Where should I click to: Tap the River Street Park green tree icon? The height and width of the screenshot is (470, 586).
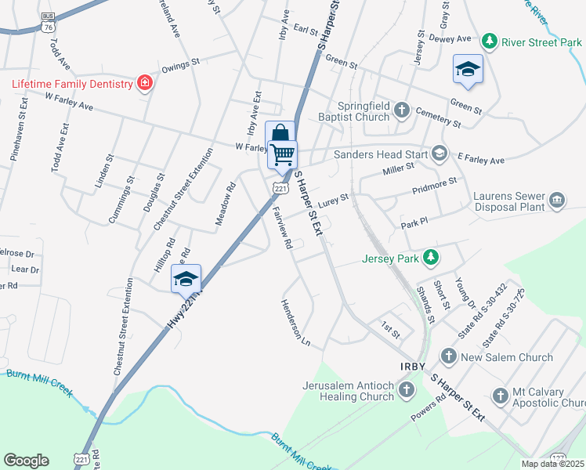pyautogui.click(x=490, y=40)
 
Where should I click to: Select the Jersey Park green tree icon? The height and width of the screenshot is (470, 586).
pyautogui.click(x=430, y=256)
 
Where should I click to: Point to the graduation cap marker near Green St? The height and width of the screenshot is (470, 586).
pyautogui.click(x=468, y=69)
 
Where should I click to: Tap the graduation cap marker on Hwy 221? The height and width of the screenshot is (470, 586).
pyautogui.click(x=186, y=279)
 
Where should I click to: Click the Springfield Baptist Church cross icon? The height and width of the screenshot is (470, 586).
pyautogui.click(x=402, y=109)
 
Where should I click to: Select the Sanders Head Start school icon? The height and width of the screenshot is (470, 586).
pyautogui.click(x=439, y=154)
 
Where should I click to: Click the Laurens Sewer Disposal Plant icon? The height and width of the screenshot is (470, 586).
pyautogui.click(x=558, y=200)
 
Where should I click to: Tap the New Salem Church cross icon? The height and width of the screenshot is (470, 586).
pyautogui.click(x=449, y=357)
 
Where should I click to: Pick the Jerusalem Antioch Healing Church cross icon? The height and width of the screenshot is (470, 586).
pyautogui.click(x=406, y=389)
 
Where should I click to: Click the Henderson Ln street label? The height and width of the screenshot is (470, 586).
pyautogui.click(x=296, y=323)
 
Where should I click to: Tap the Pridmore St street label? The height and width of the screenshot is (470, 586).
pyautogui.click(x=435, y=186)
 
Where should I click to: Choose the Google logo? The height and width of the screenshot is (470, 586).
pyautogui.click(x=26, y=461)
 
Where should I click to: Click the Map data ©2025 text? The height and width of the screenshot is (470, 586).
pyautogui.click(x=552, y=464)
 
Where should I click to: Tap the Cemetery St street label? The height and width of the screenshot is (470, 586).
pyautogui.click(x=439, y=117)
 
